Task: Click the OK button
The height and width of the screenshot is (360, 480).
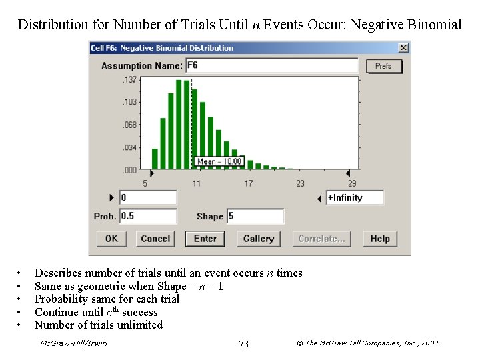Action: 111,239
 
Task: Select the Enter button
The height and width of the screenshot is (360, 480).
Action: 205,239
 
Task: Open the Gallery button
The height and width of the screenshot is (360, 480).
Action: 258,239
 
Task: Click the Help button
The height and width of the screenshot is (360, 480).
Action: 380,239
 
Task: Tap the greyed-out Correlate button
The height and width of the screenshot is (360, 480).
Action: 321,239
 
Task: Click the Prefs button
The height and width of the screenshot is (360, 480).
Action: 383,66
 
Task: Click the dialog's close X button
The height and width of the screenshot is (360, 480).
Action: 403,48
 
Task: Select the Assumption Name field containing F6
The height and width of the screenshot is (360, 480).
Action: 271,65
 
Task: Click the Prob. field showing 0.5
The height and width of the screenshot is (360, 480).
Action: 147,216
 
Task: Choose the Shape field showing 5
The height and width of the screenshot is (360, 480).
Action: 255,216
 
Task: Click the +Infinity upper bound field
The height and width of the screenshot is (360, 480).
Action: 355,198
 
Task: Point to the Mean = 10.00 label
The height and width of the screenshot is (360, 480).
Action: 220,161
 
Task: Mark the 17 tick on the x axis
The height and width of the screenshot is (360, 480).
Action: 248,183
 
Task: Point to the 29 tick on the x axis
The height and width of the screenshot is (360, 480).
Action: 351,183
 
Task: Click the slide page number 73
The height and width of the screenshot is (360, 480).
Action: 243,343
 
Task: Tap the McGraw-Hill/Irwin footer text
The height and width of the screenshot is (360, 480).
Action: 73,343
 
